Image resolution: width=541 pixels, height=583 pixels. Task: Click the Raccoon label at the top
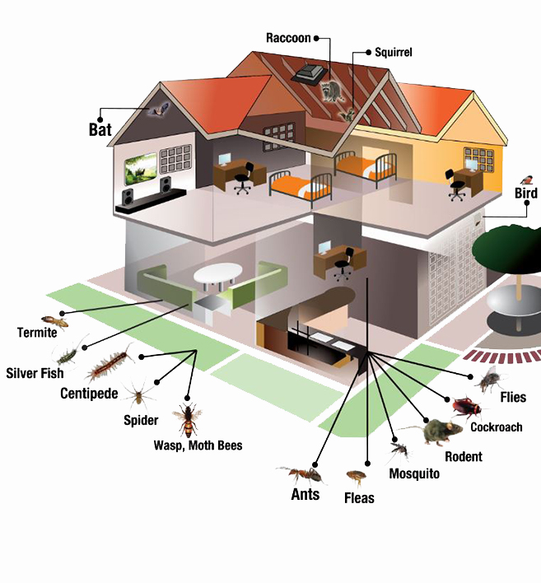pyautogui.click(x=288, y=38)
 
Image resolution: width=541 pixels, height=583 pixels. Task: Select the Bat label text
pyautogui.click(x=100, y=129)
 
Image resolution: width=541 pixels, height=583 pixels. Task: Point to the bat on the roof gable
pyautogui.click(x=157, y=109)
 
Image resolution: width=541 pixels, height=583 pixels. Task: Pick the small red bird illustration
pyautogui.click(x=525, y=179)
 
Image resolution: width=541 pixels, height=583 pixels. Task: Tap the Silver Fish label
pyautogui.click(x=35, y=373)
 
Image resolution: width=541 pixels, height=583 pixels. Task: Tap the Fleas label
pyautogui.click(x=359, y=498)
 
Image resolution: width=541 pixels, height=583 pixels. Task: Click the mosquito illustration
pyautogui.click(x=399, y=450)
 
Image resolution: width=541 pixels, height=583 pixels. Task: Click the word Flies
pyautogui.click(x=513, y=398)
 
